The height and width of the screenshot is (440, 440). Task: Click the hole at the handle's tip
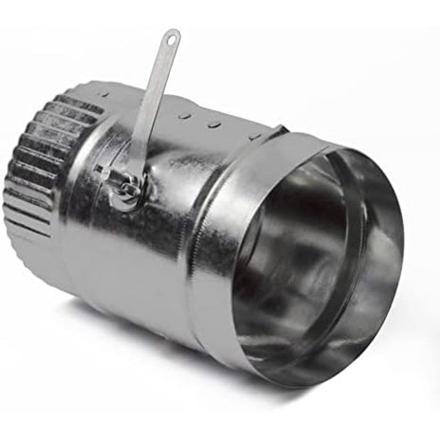[x=170, y=38]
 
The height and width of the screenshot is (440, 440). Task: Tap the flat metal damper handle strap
[x=153, y=103]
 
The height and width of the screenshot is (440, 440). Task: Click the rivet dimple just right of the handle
[x=185, y=116]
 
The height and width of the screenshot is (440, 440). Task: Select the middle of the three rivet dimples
[x=214, y=124]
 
